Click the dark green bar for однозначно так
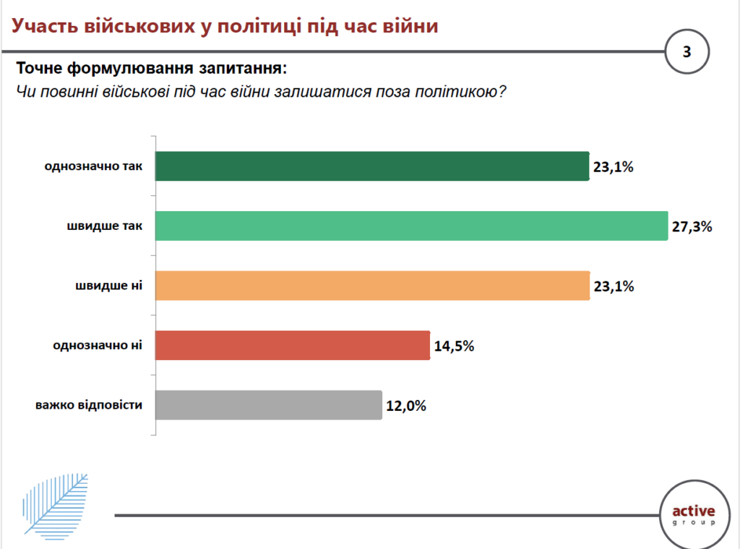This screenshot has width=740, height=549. pyautogui.click(x=372, y=166)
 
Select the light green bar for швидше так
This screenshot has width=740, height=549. pyautogui.click(x=410, y=226)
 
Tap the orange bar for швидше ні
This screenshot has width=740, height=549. pyautogui.click(x=372, y=285)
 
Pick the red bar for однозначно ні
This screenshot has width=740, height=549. pyautogui.click(x=293, y=345)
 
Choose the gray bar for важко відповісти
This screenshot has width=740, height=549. pyautogui.click(x=268, y=405)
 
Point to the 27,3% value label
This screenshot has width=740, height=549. pyautogui.click(x=692, y=226)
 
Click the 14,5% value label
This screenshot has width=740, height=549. pyautogui.click(x=454, y=346)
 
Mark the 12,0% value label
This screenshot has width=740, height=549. pyautogui.click(x=405, y=406)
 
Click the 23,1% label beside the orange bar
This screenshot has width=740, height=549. pyautogui.click(x=613, y=286)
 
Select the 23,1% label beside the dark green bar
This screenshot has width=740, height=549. pyautogui.click(x=613, y=167)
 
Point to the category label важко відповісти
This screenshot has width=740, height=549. pyautogui.click(x=89, y=405)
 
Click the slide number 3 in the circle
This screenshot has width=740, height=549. pyautogui.click(x=687, y=51)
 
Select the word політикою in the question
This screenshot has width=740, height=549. pyautogui.click(x=462, y=93)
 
